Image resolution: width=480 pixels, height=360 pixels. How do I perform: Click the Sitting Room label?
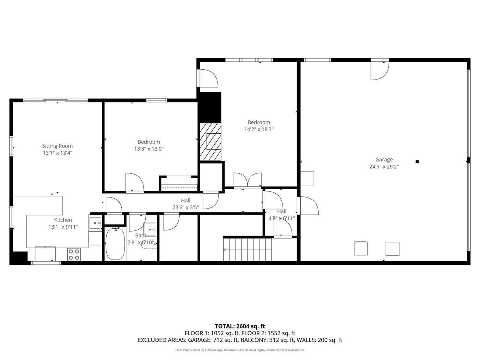click(x=57, y=146)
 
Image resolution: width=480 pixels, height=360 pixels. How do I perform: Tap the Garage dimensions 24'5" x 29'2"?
click(x=384, y=167)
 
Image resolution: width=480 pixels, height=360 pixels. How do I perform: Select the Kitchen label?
click(x=63, y=220)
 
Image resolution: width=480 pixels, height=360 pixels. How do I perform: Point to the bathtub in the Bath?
click(x=115, y=243)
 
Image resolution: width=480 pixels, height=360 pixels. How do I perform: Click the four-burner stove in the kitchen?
click(x=74, y=255)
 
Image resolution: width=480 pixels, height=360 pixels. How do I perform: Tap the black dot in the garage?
click(x=417, y=161)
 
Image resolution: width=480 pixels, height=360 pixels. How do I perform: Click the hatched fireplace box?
click(x=211, y=142)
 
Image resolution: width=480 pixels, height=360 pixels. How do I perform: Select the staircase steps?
click(x=247, y=250)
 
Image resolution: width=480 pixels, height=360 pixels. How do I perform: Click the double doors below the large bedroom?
click(x=248, y=181)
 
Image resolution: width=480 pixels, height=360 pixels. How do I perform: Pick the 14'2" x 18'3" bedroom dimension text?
click(x=259, y=129)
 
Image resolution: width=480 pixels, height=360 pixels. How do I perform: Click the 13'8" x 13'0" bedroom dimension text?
click(x=149, y=149)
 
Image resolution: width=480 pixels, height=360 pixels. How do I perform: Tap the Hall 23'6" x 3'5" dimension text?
click(x=185, y=207)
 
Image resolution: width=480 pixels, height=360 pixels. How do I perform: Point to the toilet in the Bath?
click(x=149, y=244)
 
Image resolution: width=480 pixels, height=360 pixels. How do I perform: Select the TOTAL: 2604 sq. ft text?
click(x=240, y=326)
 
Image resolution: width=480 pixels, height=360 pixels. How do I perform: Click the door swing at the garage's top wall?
click(x=380, y=71)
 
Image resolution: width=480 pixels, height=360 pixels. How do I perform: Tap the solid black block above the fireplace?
click(x=209, y=107)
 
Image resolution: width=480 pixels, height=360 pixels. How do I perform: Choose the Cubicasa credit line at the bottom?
click(x=240, y=350)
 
